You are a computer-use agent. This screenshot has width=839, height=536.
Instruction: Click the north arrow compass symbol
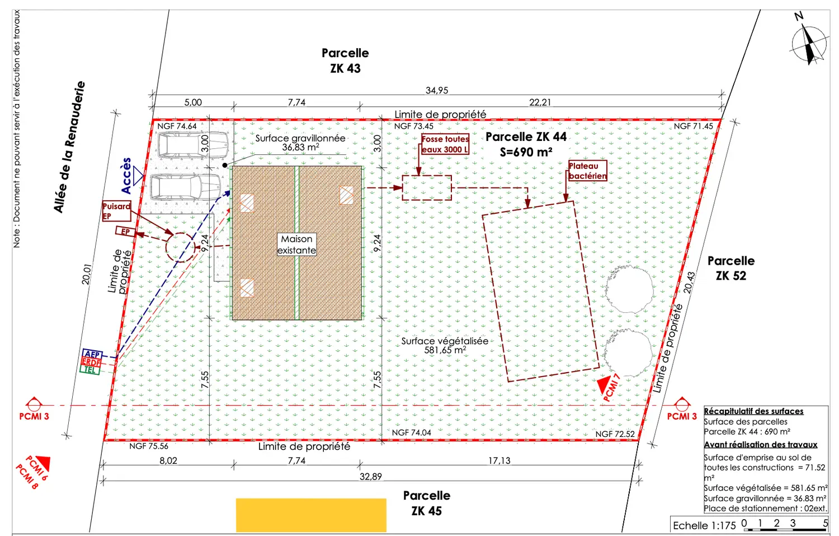point(809,43)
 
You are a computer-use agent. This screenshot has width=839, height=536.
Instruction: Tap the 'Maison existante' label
point(296,245)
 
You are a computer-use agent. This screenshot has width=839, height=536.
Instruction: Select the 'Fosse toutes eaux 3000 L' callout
point(445,144)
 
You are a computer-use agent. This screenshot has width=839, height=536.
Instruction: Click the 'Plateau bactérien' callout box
point(587,171)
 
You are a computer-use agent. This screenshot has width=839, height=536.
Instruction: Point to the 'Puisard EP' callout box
point(116,211)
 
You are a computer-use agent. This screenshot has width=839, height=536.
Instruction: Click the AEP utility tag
point(92,354)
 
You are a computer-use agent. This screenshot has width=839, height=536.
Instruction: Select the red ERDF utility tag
point(91,362)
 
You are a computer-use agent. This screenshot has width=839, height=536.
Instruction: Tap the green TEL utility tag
point(90,370)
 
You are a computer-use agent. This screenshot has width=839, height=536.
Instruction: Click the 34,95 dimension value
point(437,90)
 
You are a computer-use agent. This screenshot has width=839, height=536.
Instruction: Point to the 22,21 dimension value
point(540,102)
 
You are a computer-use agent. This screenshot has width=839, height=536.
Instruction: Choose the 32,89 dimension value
point(370,477)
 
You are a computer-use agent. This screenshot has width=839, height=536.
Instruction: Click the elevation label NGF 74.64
point(177,126)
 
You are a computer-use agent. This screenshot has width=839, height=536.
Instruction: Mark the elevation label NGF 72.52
point(615,434)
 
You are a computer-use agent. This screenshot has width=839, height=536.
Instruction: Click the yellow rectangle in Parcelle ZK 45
point(311,515)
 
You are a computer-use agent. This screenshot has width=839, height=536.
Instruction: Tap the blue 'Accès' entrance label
point(126,176)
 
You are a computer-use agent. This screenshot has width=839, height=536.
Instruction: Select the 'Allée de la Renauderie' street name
point(69,147)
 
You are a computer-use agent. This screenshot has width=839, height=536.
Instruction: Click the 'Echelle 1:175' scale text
point(704,525)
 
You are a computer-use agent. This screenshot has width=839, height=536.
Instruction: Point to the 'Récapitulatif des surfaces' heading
point(753,411)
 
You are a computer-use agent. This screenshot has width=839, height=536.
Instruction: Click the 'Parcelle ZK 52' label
point(730,268)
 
